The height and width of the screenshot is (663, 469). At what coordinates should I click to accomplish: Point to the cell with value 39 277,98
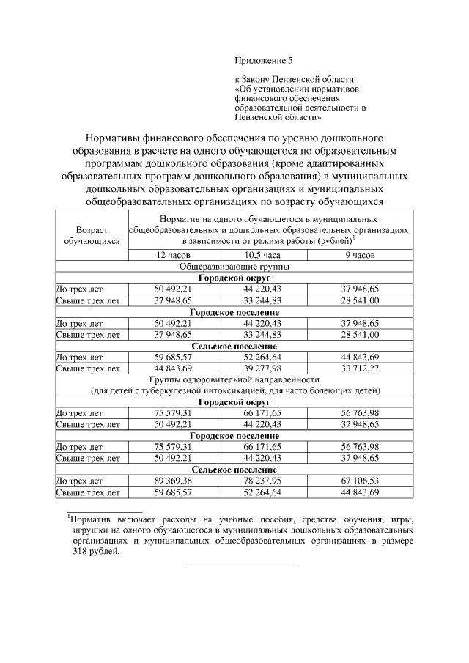pos(262,368)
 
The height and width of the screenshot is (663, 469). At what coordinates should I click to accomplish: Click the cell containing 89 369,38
pos(173,481)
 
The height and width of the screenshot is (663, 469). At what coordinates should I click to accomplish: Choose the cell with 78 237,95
pos(262,481)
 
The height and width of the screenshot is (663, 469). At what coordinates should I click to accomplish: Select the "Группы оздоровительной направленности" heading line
pos(234,379)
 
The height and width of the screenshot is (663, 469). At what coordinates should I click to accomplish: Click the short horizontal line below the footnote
pos(239,566)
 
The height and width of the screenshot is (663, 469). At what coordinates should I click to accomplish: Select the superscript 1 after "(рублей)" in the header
pos(354,236)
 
